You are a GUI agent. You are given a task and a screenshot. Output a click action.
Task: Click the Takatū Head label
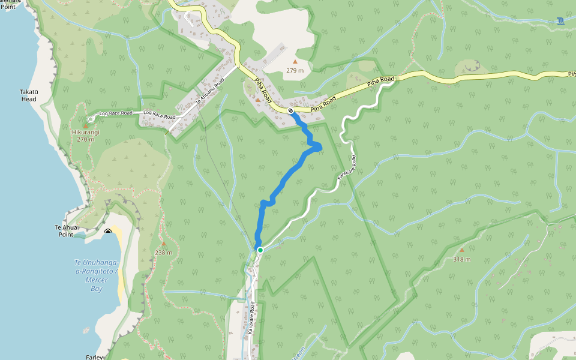click(29, 95)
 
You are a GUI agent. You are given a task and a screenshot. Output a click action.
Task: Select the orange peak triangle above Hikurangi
click(85, 125)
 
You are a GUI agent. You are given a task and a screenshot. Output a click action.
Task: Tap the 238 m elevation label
click(163, 253)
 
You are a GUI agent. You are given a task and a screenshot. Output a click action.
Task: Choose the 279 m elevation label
click(295, 70)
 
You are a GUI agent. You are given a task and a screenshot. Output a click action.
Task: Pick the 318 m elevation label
click(461, 259)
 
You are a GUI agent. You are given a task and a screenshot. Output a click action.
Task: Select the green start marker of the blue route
click(260, 250)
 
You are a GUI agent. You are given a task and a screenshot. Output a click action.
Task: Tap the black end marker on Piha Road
click(291, 110)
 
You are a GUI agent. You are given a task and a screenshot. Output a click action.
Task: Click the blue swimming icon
click(560, 21)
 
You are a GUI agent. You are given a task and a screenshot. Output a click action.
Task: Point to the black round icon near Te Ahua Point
click(108, 232)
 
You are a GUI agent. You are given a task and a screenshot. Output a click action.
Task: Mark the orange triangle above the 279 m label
click(295, 61)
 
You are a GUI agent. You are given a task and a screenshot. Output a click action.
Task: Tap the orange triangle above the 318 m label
click(461, 250)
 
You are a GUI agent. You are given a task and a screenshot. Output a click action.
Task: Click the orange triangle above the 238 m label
click(163, 244)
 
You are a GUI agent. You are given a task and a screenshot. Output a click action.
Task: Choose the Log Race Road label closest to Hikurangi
click(115, 113)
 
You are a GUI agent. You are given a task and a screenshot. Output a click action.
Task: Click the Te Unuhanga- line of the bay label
click(97, 263)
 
